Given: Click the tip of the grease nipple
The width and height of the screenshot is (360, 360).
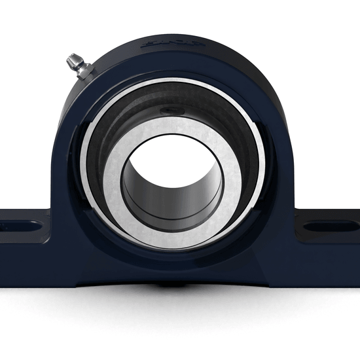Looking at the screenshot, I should click(x=69, y=59).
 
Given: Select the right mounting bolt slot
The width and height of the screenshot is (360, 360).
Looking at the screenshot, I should click(x=330, y=227).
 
